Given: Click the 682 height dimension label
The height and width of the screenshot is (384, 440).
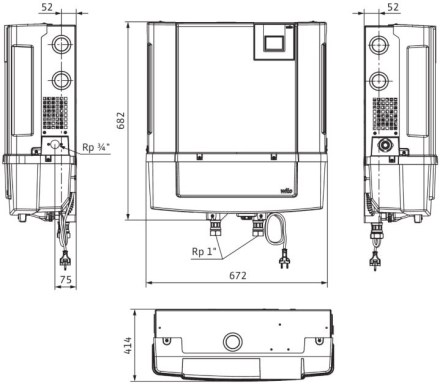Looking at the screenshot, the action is [x=121, y=121].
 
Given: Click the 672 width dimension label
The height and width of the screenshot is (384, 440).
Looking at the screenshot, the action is [x=238, y=276].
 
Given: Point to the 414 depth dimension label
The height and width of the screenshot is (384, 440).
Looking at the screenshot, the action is [x=128, y=346].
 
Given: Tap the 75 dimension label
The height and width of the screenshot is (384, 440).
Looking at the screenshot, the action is [x=65, y=279].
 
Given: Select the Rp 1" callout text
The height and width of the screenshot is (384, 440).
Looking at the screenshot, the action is [x=204, y=251].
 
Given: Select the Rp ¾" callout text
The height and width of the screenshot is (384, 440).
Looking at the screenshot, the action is [x=96, y=147].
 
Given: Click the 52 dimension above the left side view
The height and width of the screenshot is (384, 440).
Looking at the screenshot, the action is [x=47, y=7].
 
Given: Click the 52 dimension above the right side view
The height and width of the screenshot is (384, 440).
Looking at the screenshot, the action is [x=393, y=7].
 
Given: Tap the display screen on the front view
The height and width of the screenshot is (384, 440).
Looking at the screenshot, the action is [x=274, y=43].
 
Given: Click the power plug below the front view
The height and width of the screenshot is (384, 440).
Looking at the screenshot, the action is [x=284, y=259].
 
